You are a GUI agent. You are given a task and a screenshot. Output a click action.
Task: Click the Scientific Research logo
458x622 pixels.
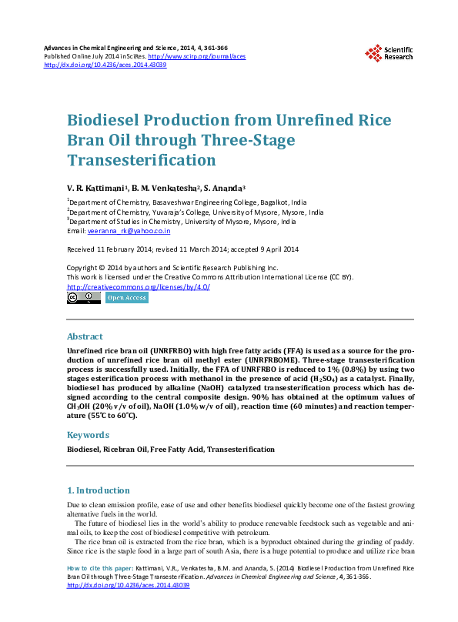click(389, 52)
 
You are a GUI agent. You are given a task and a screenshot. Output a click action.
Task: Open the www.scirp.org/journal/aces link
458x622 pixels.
click(196, 56)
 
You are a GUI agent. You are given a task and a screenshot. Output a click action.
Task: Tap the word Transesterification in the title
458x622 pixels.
click(142, 160)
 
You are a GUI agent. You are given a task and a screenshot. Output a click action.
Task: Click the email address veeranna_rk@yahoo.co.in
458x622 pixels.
click(129, 231)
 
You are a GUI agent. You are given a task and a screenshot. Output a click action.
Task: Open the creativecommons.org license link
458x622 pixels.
click(139, 286)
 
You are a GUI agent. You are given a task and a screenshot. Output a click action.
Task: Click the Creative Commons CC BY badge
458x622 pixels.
click(84, 297)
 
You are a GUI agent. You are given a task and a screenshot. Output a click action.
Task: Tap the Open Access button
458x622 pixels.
click(125, 298)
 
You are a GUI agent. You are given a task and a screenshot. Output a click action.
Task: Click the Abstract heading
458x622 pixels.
click(85, 336)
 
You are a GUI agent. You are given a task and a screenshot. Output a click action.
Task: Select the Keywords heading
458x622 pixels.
click(88, 434)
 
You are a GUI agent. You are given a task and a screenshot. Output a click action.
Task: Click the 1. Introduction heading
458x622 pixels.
click(99, 490)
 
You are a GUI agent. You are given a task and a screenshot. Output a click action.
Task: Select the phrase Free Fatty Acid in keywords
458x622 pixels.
click(176, 449)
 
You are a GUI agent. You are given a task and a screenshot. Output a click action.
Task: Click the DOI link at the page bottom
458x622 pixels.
click(128, 585)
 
